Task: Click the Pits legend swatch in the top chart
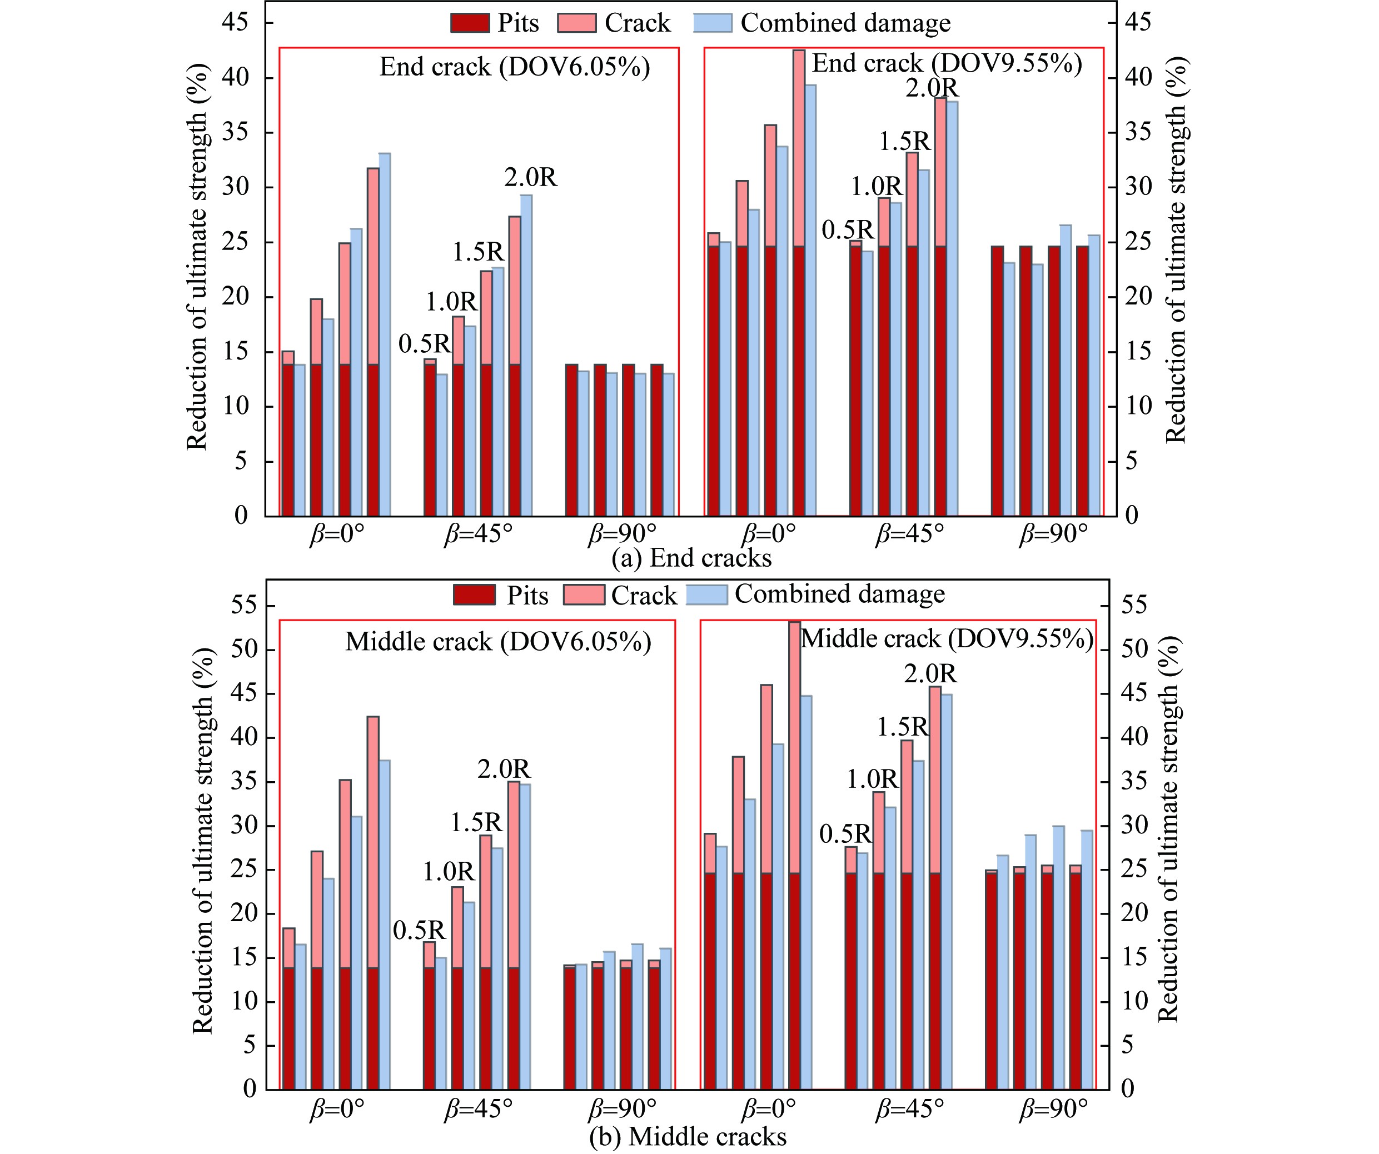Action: pos(470,23)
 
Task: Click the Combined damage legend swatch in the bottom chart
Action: pos(706,595)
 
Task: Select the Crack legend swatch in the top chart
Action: pos(576,23)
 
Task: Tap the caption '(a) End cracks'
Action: pos(691,558)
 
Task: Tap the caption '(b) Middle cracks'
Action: pos(687,1136)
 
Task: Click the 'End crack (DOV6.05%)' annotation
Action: pos(514,67)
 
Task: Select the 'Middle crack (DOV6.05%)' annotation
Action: pos(498,642)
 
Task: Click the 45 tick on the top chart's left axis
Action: pos(235,22)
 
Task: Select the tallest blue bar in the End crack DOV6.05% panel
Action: pos(385,335)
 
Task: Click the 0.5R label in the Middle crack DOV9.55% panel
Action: pos(845,835)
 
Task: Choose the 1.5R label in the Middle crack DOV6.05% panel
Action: pos(476,822)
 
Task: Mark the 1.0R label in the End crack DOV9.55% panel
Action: pos(877,187)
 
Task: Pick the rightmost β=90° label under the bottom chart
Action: pos(1053,1110)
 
